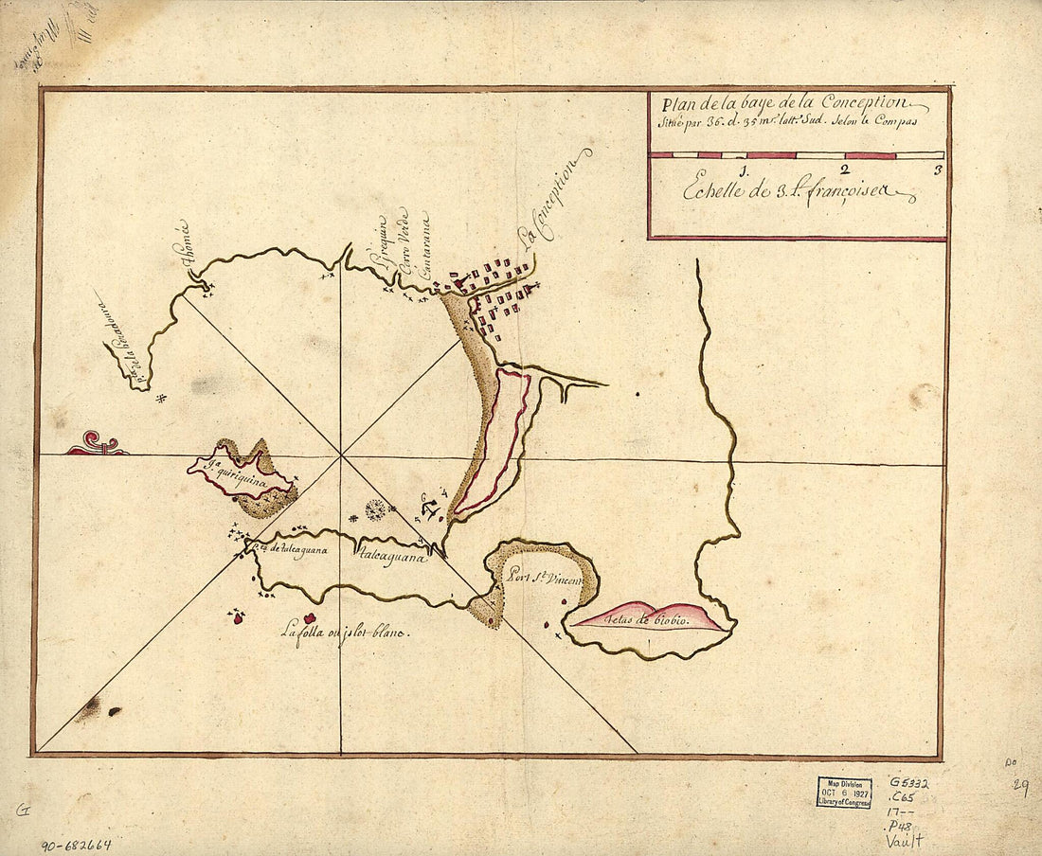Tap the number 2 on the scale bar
[x=843, y=170]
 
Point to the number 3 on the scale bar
[x=936, y=170]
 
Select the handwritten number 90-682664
[x=76, y=843]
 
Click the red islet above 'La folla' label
[x=309, y=617]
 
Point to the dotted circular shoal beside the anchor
[x=375, y=509]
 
